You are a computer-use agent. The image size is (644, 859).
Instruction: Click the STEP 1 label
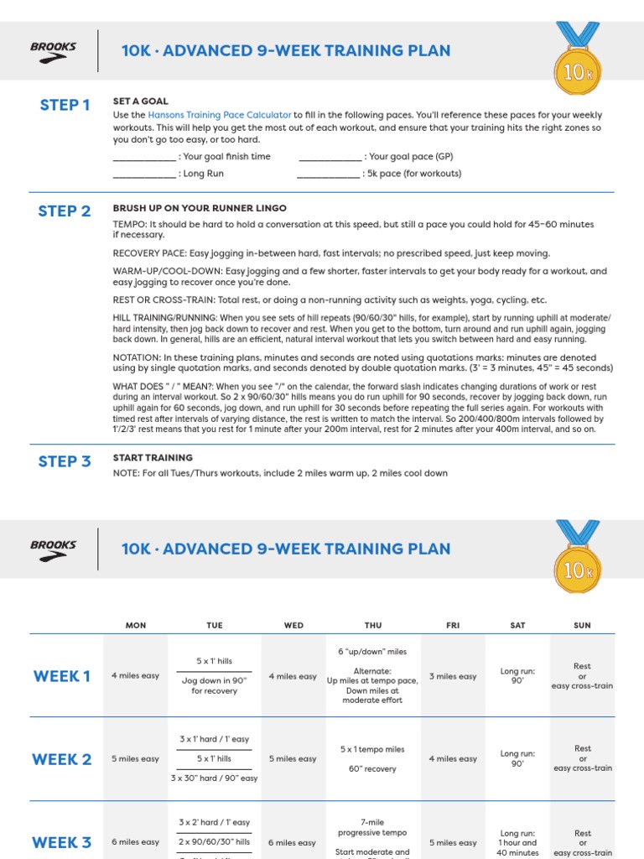coord(65,105)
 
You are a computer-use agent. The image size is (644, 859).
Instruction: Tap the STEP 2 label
coord(65,211)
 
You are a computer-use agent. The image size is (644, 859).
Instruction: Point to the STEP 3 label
coord(65,461)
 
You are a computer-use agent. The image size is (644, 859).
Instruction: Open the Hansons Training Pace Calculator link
coord(220,115)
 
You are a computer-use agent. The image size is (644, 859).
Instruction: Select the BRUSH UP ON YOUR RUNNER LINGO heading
coord(200,208)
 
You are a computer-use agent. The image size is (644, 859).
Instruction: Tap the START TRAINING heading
coord(153,458)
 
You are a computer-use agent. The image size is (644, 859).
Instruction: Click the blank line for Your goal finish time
coord(144,157)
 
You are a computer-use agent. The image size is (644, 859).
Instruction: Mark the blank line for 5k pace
coord(328,174)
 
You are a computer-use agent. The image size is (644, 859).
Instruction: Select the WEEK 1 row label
coord(62,676)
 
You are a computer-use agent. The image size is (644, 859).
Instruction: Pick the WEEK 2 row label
coord(62,759)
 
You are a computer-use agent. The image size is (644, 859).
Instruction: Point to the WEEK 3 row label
coord(62,842)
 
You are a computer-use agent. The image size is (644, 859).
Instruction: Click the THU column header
coord(373,626)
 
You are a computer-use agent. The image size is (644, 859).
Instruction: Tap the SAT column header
coord(518,626)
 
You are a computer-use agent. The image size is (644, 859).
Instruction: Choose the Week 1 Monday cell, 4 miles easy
coord(135,676)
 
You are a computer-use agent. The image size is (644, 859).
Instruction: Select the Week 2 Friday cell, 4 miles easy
coord(453,759)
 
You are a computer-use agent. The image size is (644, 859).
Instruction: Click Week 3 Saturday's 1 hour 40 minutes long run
coord(518,842)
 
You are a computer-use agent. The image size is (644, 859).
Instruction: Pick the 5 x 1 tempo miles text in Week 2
coord(372,749)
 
